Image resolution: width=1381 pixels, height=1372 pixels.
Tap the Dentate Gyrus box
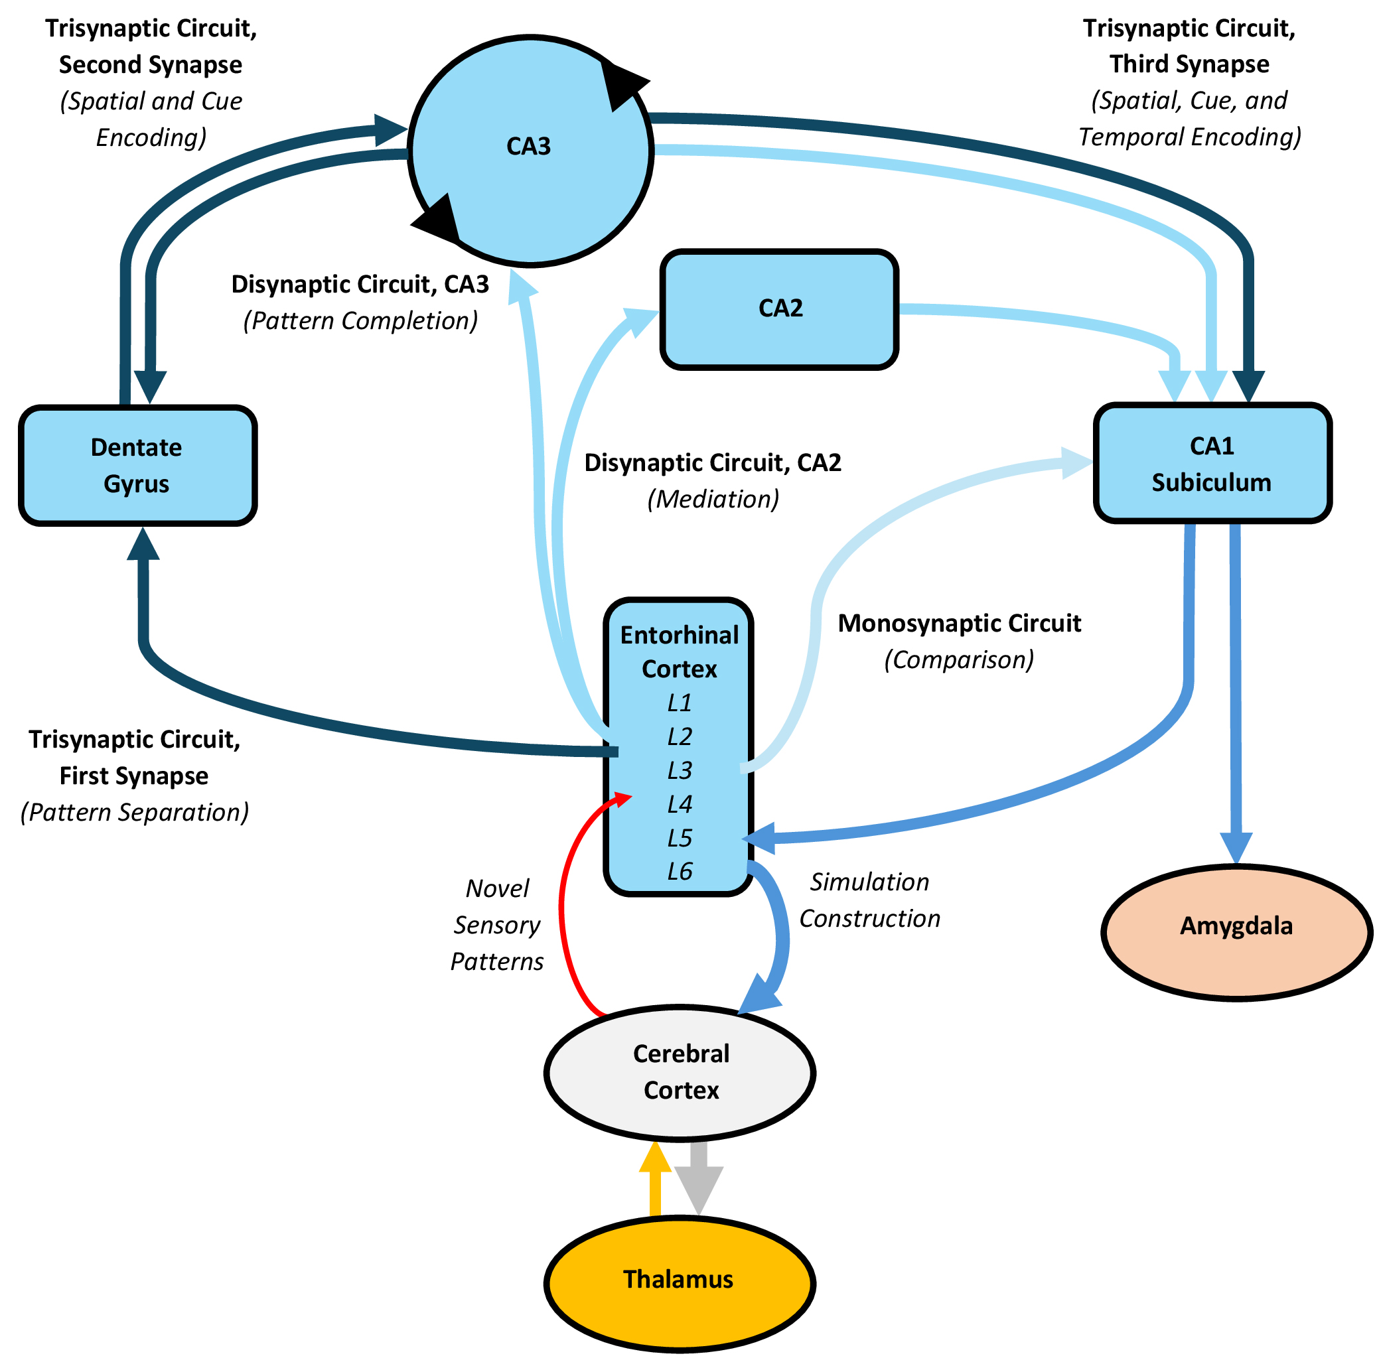pyautogui.click(x=137, y=465)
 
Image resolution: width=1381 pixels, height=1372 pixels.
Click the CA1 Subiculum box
pyautogui.click(x=1212, y=463)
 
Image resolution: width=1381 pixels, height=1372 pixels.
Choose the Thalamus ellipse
pyautogui.click(x=679, y=1279)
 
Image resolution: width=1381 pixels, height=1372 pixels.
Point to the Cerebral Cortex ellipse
pyautogui.click(x=680, y=1072)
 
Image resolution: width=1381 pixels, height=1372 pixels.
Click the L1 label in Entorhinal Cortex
pyautogui.click(x=679, y=703)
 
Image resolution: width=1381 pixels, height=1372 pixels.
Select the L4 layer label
pyautogui.click(x=679, y=805)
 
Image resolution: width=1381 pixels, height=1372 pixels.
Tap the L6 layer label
pyautogui.click(x=679, y=871)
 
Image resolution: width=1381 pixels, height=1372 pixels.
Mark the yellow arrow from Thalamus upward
pyautogui.click(x=655, y=1179)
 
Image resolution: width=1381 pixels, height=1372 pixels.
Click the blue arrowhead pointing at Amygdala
pyautogui.click(x=1236, y=847)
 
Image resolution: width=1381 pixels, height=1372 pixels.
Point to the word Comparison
pyautogui.click(x=959, y=659)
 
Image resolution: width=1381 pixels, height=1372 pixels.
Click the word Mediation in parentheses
pyautogui.click(x=713, y=499)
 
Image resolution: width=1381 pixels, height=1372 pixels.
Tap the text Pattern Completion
pyautogui.click(x=360, y=321)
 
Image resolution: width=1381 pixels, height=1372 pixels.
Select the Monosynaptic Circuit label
pyautogui.click(x=959, y=623)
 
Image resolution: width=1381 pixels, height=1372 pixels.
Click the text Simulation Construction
pyautogui.click(x=869, y=900)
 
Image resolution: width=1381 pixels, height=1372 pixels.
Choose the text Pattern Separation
pyautogui.click(x=134, y=813)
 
